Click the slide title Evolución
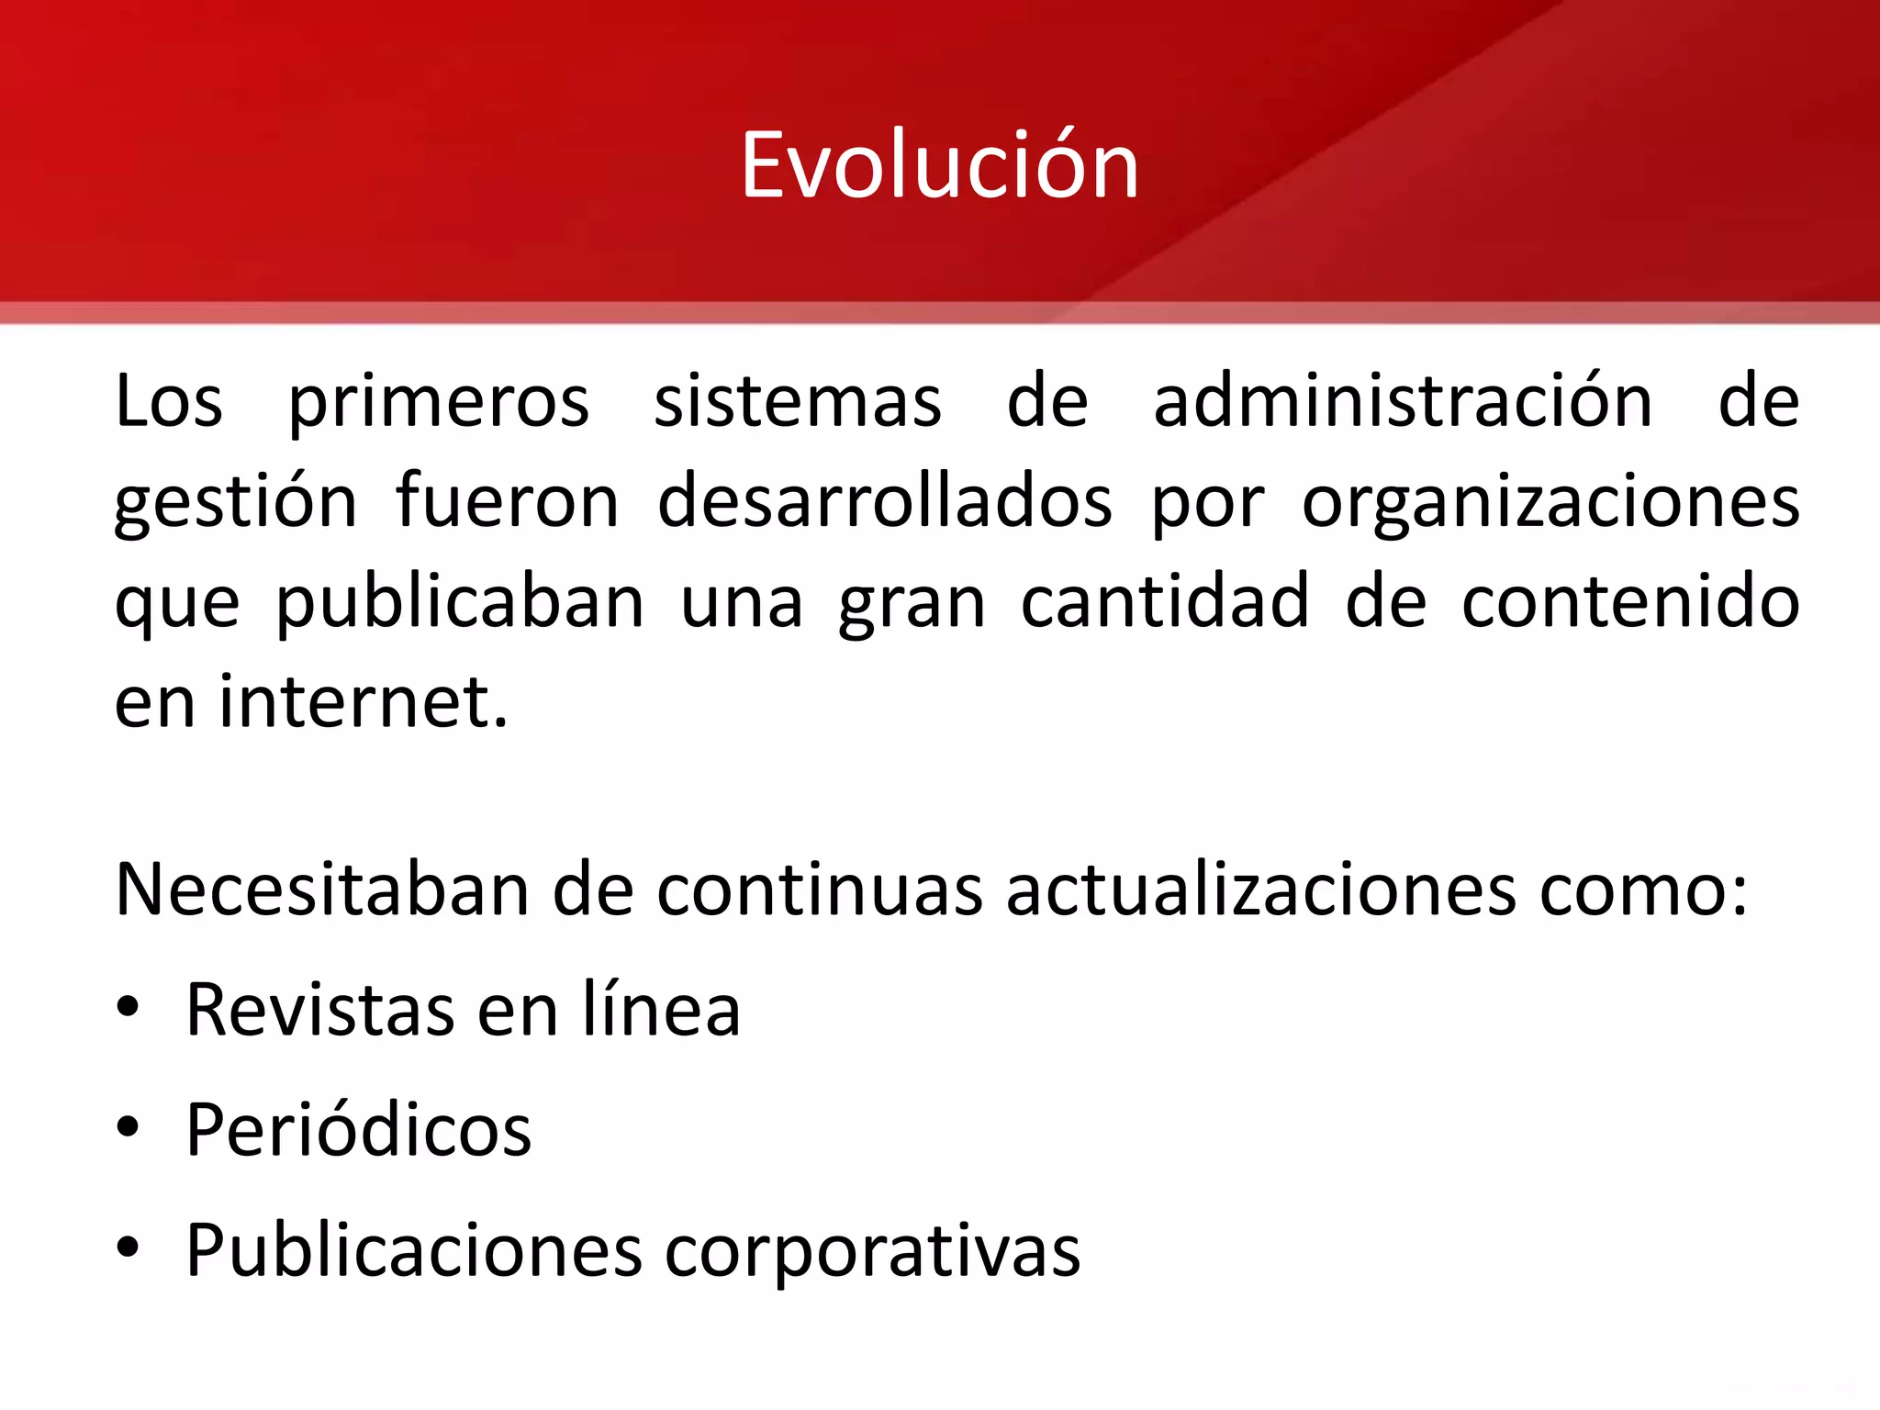(x=939, y=165)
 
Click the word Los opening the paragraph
(x=169, y=402)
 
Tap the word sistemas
(x=797, y=402)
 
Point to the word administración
(x=1403, y=402)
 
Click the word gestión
(x=235, y=503)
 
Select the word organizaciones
(x=1550, y=503)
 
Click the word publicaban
(x=460, y=603)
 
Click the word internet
(x=363, y=702)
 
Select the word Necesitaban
(x=322, y=890)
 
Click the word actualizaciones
(x=1260, y=890)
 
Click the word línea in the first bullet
(x=661, y=1009)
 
